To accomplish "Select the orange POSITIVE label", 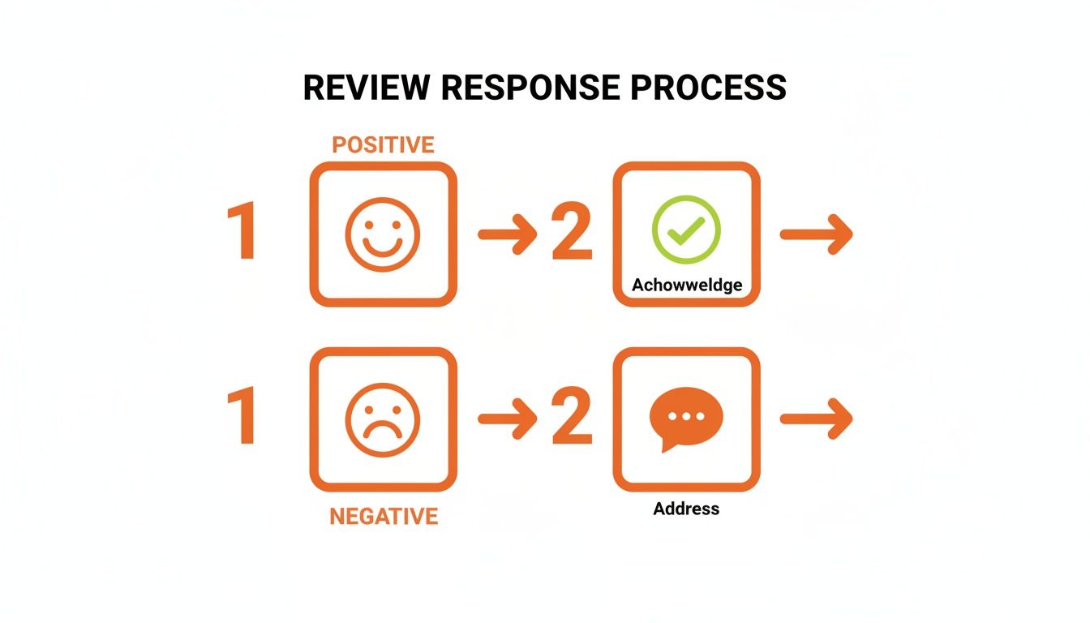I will click(x=383, y=145).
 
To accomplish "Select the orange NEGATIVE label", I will click(x=383, y=517).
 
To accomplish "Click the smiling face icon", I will click(x=383, y=234).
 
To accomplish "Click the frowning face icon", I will click(x=383, y=419).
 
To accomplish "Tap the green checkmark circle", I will click(x=686, y=230).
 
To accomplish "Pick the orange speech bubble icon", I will click(x=686, y=418).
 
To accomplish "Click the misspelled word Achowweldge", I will click(x=686, y=285).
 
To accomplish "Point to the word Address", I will click(x=686, y=509).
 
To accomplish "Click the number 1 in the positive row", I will click(x=242, y=234).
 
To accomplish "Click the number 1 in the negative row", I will click(x=242, y=419).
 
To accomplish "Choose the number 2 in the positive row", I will click(x=572, y=234).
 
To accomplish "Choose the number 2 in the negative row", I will click(x=572, y=419).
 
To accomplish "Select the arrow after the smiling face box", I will click(x=507, y=234).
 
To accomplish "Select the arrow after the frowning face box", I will click(x=507, y=419).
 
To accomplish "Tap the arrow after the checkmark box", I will click(x=816, y=234).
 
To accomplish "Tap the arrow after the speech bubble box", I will click(x=816, y=419).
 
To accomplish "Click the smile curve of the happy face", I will click(x=383, y=247).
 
